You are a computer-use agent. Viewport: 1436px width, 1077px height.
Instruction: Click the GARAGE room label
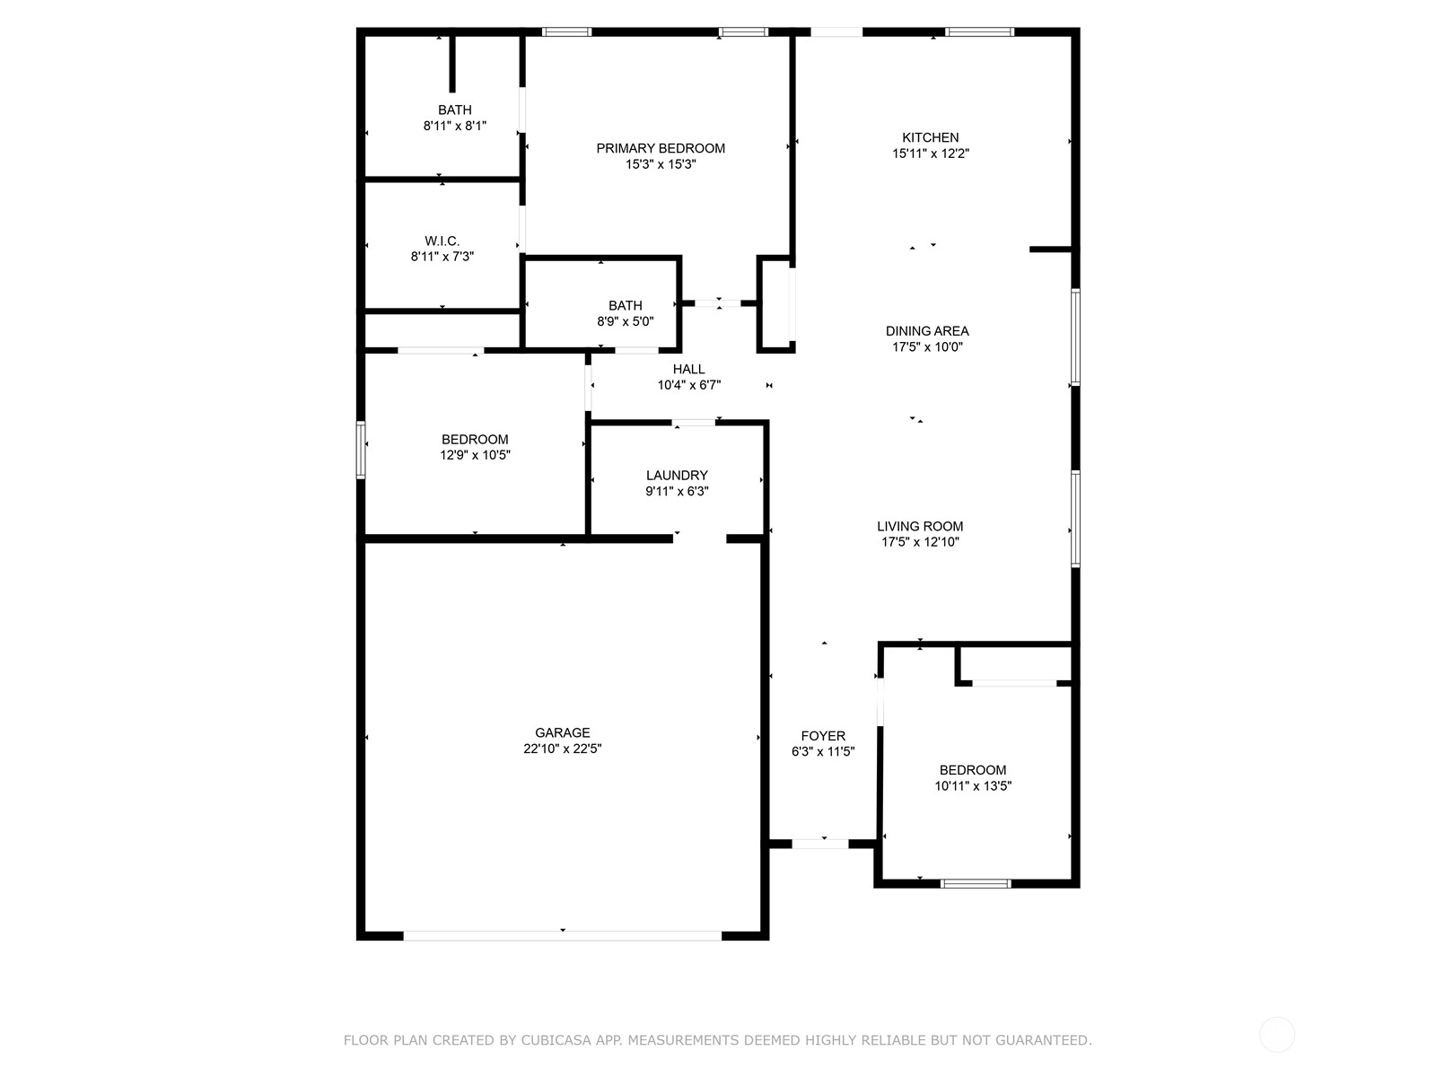click(562, 733)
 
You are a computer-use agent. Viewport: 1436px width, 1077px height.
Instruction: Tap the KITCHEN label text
click(930, 138)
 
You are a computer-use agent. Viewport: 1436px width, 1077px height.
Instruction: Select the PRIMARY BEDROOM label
click(660, 148)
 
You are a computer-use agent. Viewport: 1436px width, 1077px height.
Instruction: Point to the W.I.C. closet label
click(442, 241)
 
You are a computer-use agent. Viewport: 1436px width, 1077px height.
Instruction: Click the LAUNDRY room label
click(677, 476)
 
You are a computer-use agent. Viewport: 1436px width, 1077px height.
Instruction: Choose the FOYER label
click(823, 736)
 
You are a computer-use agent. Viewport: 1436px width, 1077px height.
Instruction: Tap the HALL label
click(689, 370)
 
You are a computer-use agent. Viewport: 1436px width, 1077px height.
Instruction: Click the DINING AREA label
click(927, 331)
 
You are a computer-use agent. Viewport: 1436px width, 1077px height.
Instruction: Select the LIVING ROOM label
click(920, 527)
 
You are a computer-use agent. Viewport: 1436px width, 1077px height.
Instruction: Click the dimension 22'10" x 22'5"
click(562, 749)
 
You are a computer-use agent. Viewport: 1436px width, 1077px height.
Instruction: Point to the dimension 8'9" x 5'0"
click(625, 321)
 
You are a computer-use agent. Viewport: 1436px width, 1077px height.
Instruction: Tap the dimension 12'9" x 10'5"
click(475, 455)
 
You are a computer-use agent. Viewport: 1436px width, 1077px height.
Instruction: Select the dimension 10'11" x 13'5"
click(973, 786)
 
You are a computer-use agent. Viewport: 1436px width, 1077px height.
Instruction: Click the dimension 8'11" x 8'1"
click(455, 126)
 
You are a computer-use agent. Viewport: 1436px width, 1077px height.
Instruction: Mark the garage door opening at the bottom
click(562, 936)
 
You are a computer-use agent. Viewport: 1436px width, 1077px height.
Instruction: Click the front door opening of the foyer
click(820, 844)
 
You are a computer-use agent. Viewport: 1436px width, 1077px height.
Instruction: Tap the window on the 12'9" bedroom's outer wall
click(361, 450)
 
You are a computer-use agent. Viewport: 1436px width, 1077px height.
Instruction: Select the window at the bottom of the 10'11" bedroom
click(976, 883)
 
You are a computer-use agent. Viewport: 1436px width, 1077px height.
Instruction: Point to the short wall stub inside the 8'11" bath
click(452, 64)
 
